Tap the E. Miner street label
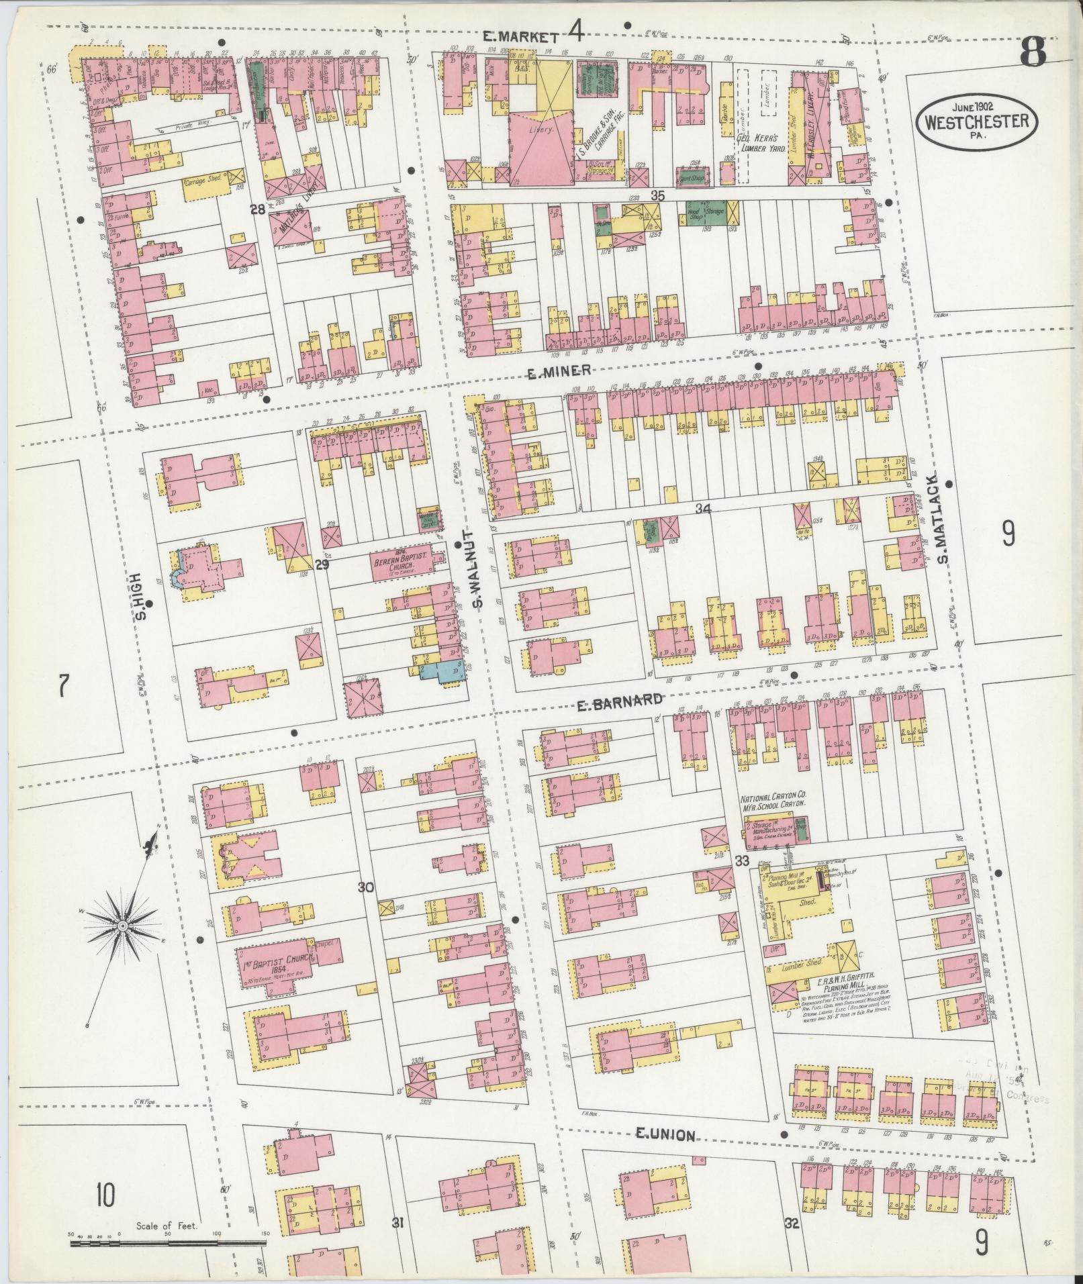pyautogui.click(x=559, y=371)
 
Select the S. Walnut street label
pyautogui.click(x=478, y=576)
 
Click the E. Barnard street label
pyautogui.click(x=620, y=702)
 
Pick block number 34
pyautogui.click(x=702, y=509)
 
